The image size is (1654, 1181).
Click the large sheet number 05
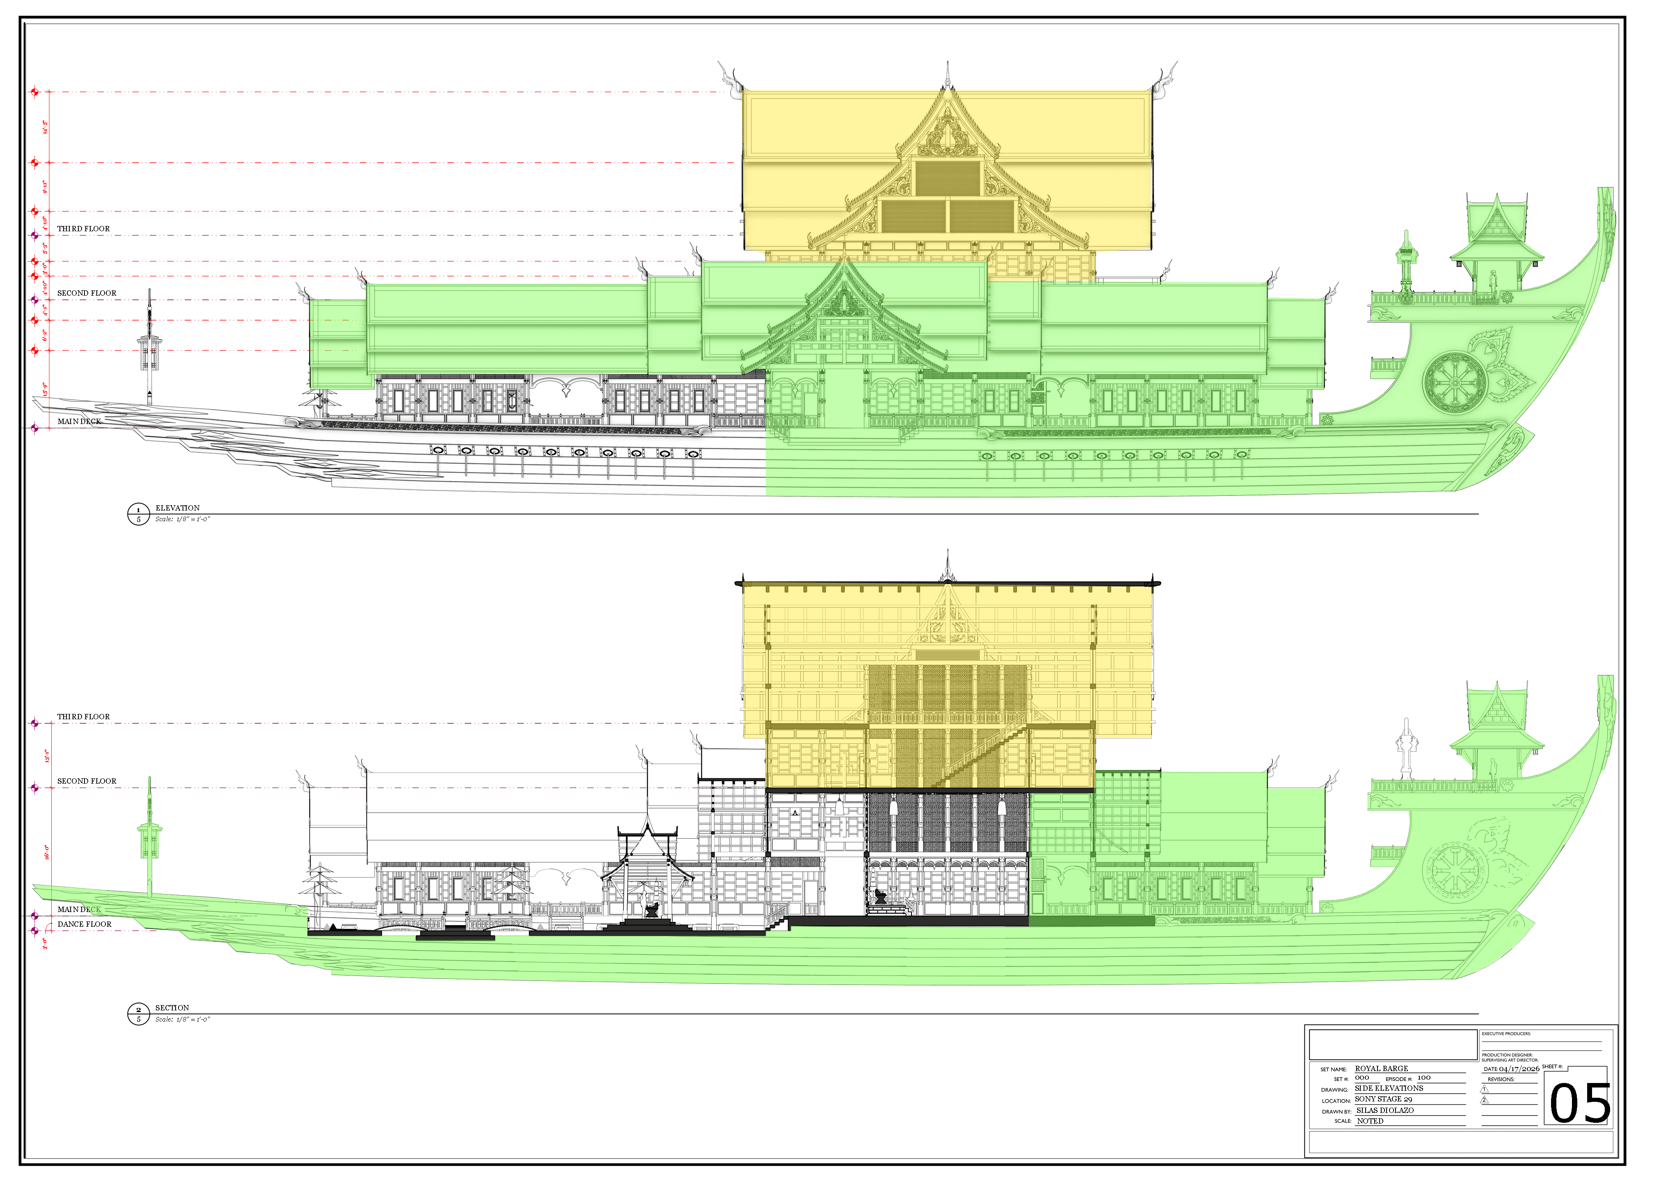1579,1104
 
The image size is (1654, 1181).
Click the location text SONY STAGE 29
1383,1099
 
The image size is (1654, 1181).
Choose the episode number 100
1423,1078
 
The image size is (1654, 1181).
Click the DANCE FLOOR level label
85,924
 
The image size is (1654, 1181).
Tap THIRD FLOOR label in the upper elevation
84,228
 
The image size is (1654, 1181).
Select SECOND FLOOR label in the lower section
87,781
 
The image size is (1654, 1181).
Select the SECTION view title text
171,1008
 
